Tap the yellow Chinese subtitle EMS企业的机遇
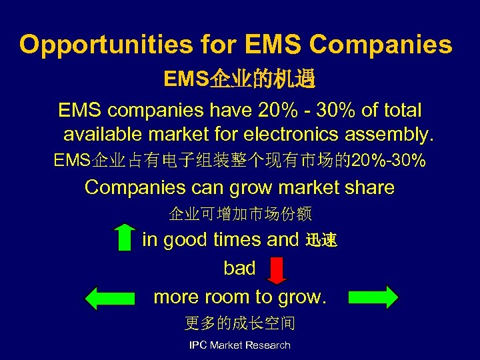(240, 81)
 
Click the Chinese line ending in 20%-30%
(240, 161)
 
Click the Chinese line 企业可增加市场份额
(240, 214)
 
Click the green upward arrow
(124, 237)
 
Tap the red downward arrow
(276, 270)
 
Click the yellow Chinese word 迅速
(321, 241)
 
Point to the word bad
(239, 268)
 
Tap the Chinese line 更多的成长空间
(240, 324)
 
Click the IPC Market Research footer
(240, 345)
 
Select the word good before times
(185, 240)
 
